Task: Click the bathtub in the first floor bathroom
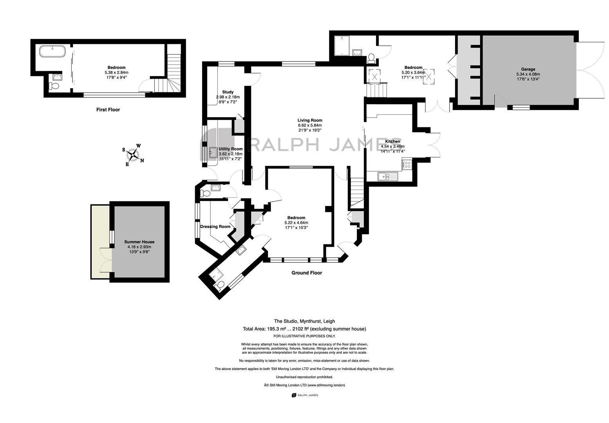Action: (52, 51)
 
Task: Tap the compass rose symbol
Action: (133, 155)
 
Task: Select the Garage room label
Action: (528, 69)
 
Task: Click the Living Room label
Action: (310, 120)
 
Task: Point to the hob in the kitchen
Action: (407, 164)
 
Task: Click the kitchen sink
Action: (388, 176)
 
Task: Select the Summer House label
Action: (139, 242)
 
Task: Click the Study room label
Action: (228, 92)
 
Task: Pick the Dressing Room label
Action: (215, 226)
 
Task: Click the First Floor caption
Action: (108, 110)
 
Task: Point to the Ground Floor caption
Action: (307, 273)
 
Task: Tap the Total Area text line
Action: (304, 329)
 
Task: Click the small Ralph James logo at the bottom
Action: (305, 395)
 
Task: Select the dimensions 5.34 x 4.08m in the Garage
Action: (528, 74)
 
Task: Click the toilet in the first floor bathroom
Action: (54, 86)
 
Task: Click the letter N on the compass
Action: (142, 161)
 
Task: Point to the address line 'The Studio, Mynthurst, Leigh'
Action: (304, 321)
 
